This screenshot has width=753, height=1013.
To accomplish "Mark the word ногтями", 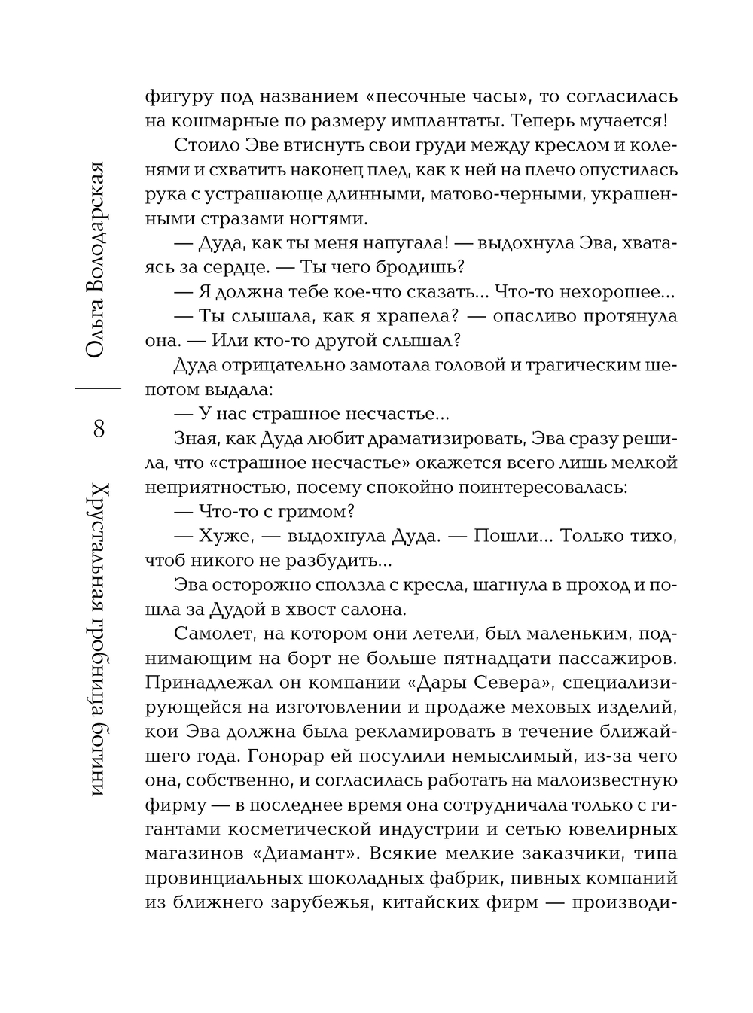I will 323,219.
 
